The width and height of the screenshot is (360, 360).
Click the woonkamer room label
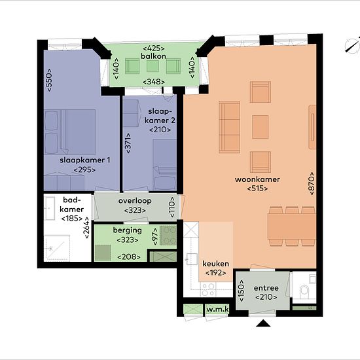tap(257, 179)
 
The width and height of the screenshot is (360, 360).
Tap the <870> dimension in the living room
tap(312, 183)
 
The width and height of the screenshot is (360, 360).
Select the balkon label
tap(153, 56)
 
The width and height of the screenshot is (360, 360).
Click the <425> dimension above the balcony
tap(154, 48)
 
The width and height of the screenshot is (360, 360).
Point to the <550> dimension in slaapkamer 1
tap(49, 80)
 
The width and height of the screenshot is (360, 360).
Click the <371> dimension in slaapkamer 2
tap(128, 143)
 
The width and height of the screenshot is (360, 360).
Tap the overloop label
tap(135, 201)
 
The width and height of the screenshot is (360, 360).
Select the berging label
tap(128, 230)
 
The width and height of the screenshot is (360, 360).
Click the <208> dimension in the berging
tap(129, 257)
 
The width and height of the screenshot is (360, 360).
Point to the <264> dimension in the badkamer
tap(86, 228)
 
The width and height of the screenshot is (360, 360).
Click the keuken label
tap(215, 264)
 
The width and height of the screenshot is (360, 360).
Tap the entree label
tap(266, 288)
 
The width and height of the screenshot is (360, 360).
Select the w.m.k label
tap(217, 309)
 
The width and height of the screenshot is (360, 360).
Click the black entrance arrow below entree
tap(263, 323)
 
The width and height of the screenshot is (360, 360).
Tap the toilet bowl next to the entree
tap(304, 290)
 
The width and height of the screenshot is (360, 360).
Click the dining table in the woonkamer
tap(291, 226)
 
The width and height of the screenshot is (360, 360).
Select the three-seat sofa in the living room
tap(229, 127)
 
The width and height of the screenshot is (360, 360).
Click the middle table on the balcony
tap(153, 66)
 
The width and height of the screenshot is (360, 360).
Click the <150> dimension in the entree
tap(241, 290)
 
